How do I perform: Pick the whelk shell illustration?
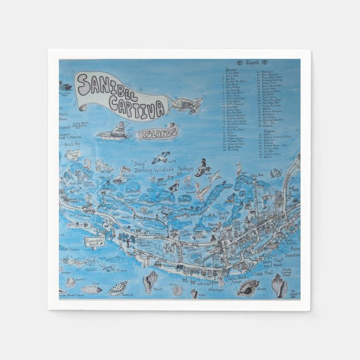click(150, 282)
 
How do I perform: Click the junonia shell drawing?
click(118, 288)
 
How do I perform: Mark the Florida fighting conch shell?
click(279, 285)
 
